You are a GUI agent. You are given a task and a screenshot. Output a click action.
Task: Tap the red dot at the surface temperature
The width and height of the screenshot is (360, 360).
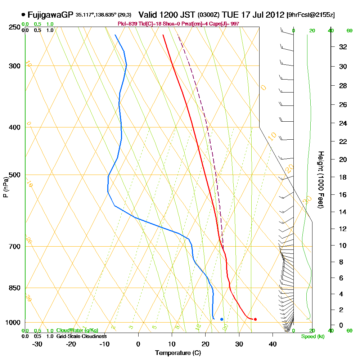click(x=255, y=319)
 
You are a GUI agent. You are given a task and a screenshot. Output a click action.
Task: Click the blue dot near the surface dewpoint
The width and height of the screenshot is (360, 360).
click(x=222, y=319)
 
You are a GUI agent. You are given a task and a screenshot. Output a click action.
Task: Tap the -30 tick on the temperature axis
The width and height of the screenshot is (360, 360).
click(x=37, y=344)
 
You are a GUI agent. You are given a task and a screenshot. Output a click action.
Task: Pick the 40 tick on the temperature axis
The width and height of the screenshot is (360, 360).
click(x=273, y=344)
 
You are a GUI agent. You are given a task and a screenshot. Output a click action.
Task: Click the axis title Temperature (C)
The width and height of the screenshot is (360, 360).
click(x=178, y=353)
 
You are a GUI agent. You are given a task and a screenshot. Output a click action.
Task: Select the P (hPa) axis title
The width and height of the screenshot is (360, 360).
click(x=5, y=187)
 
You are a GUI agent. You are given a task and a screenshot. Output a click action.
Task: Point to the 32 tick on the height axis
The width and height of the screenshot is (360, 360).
click(x=343, y=47)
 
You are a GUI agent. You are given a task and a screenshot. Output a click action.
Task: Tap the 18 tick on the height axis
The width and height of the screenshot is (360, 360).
click(x=343, y=177)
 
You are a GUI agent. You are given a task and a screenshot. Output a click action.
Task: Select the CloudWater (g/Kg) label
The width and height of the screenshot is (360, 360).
click(x=77, y=330)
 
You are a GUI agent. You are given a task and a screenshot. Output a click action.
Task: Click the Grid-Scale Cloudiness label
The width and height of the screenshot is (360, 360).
click(x=81, y=336)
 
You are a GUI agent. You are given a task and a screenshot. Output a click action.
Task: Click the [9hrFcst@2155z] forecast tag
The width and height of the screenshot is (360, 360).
click(x=311, y=15)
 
